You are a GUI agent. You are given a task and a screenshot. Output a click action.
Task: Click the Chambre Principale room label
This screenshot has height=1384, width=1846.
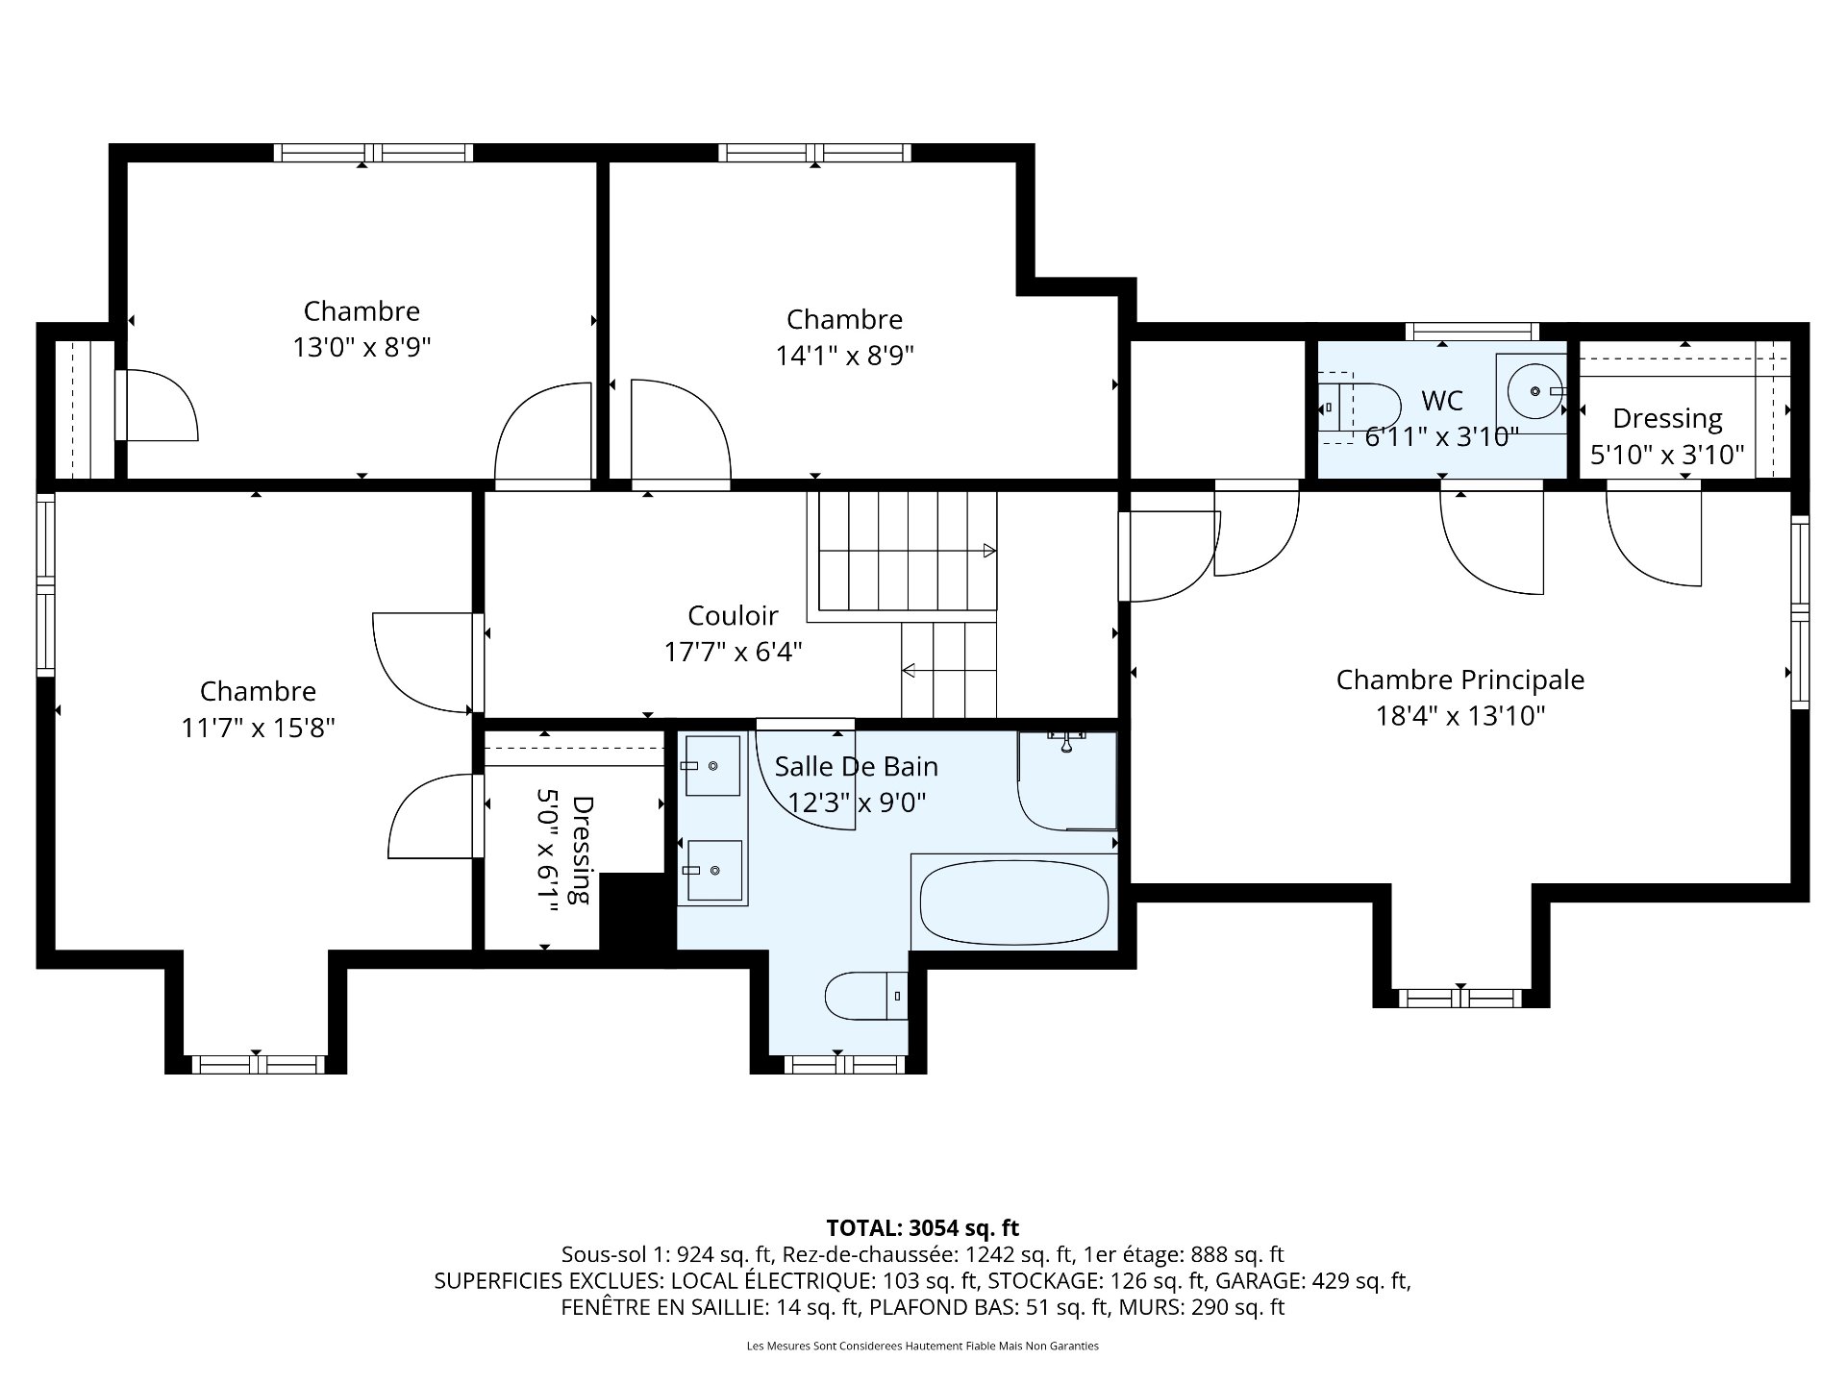click(x=1459, y=680)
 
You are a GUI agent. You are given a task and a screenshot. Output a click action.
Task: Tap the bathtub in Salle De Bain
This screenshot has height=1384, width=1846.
click(x=1014, y=902)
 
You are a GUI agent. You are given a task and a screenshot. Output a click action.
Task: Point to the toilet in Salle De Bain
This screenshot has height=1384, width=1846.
click(x=866, y=996)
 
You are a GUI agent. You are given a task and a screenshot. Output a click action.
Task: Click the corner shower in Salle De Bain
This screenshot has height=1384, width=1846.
click(x=1067, y=780)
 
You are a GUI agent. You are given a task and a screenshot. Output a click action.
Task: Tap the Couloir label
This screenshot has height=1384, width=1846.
click(x=733, y=615)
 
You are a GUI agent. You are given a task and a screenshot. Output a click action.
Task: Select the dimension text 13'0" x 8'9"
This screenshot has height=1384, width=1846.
click(x=362, y=347)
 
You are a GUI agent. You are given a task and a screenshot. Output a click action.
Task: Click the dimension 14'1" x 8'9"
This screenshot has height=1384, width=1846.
click(x=844, y=356)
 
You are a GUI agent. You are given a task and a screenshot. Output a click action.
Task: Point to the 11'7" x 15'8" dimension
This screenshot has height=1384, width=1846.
click(x=258, y=728)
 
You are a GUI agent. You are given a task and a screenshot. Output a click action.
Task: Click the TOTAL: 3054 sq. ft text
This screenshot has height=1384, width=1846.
click(x=923, y=1227)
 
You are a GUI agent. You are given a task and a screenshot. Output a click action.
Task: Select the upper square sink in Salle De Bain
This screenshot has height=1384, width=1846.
click(x=712, y=766)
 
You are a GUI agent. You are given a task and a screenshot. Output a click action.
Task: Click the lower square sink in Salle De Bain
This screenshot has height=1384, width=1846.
click(x=713, y=870)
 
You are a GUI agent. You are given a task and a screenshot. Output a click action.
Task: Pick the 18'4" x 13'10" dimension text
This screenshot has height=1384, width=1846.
click(x=1459, y=716)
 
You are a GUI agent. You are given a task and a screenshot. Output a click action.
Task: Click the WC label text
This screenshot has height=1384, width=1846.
click(x=1441, y=401)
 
